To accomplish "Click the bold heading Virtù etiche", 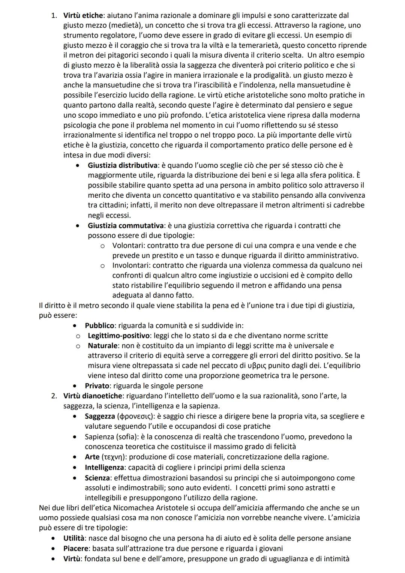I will (83, 16).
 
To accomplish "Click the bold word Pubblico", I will (99, 325).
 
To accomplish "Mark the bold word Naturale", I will (102, 345).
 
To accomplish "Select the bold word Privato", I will (97, 386).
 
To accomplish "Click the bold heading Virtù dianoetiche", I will (93, 396).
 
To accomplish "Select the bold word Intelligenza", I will (104, 468).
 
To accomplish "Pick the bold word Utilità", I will (74, 538).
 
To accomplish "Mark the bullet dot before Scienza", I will (77, 478).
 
